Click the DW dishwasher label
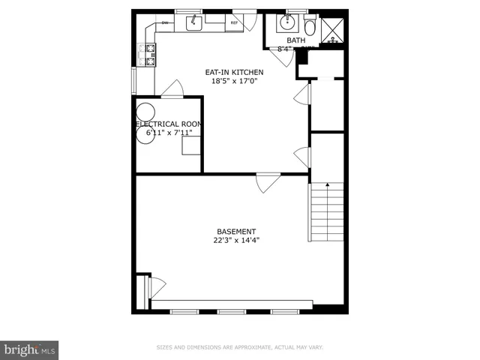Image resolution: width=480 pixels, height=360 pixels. point(165,23)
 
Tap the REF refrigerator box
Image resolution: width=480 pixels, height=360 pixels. point(234,23)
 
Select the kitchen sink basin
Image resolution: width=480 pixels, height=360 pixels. point(193,23)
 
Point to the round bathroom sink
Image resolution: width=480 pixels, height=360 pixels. point(286,22)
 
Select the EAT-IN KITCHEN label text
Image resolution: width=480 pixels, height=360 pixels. point(234,73)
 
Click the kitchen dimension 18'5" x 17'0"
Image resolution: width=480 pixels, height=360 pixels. point(234,82)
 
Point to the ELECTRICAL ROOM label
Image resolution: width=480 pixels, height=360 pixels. point(169,124)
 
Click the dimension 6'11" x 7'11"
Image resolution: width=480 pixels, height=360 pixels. point(169,133)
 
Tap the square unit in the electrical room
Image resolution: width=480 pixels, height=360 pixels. point(191,145)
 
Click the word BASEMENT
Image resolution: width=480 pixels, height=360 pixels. point(236,232)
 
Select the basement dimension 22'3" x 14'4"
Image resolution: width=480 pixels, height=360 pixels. point(236,241)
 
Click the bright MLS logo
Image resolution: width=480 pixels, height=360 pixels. point(29,349)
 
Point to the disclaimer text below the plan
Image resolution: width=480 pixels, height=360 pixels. point(239,347)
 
